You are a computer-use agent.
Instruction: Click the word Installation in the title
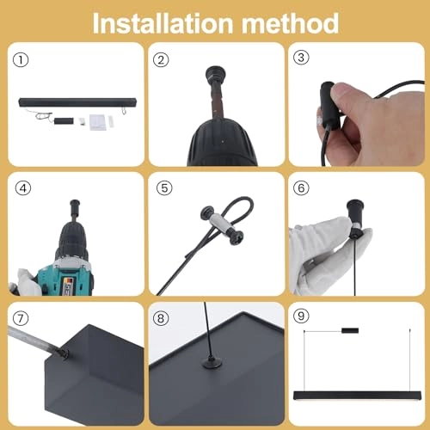pyautogui.click(x=163, y=23)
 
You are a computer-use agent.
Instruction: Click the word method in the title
pyautogui.click(x=290, y=23)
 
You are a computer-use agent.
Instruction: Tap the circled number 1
pyautogui.click(x=21, y=60)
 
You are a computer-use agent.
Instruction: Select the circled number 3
pyautogui.click(x=301, y=58)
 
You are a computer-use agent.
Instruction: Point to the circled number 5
pyautogui.click(x=164, y=188)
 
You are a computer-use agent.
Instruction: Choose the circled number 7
pyautogui.click(x=21, y=318)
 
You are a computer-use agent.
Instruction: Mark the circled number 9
pyautogui.click(x=301, y=316)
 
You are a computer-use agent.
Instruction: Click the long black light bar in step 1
pyautogui.click(x=77, y=102)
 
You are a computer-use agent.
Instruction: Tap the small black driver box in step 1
pyautogui.click(x=64, y=121)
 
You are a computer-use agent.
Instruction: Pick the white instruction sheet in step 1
pyautogui.click(x=96, y=122)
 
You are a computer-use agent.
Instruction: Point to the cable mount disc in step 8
pyautogui.click(x=212, y=364)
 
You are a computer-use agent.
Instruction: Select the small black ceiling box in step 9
pyautogui.click(x=350, y=331)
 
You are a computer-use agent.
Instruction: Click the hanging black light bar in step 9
pyautogui.click(x=358, y=396)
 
